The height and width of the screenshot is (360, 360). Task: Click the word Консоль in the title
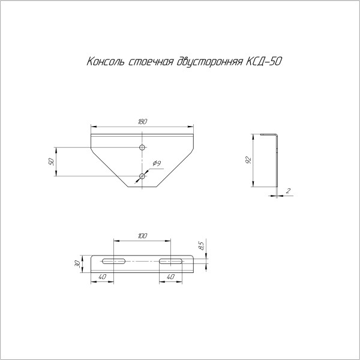click(x=106, y=62)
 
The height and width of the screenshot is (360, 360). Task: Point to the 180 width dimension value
click(x=142, y=122)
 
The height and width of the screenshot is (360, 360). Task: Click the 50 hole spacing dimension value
click(x=51, y=161)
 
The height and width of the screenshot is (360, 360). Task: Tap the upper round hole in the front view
click(x=142, y=148)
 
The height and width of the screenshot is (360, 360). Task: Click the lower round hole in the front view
click(x=142, y=176)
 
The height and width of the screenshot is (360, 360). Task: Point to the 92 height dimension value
click(x=248, y=160)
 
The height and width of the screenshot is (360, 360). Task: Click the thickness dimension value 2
click(x=289, y=191)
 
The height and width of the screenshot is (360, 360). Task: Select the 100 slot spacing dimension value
click(x=142, y=236)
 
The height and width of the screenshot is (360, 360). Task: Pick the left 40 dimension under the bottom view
click(x=102, y=277)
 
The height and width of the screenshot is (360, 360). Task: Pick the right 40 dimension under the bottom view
click(x=170, y=277)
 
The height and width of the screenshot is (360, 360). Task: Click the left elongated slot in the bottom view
click(x=113, y=261)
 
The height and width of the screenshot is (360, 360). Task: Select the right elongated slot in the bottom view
click(x=172, y=261)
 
